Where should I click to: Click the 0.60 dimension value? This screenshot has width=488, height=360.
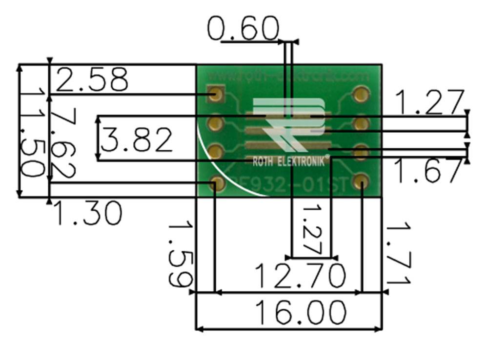243,29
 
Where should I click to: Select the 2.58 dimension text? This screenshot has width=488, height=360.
92,80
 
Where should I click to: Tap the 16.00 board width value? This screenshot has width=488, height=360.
301,313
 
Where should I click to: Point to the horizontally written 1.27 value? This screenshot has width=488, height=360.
428,102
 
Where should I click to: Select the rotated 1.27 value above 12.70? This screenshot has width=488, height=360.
313,229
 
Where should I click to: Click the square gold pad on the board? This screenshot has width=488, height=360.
215,94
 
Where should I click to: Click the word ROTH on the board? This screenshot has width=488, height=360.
264,161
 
